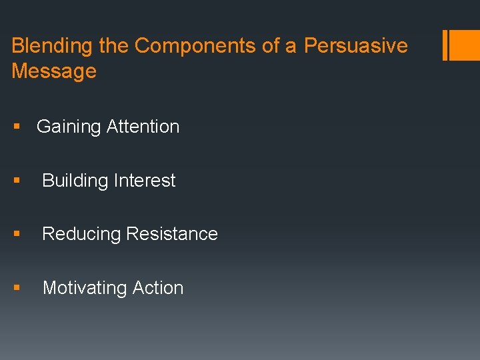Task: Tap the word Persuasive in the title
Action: tap(356, 46)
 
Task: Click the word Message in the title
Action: tap(54, 71)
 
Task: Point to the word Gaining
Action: tap(68, 127)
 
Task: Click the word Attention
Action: tap(142, 127)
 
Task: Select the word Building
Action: tap(75, 181)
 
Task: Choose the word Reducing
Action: tap(81, 234)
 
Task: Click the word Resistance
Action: tap(172, 234)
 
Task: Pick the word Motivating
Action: tap(85, 288)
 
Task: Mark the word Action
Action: tap(158, 288)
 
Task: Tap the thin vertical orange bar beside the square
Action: tap(445, 45)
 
